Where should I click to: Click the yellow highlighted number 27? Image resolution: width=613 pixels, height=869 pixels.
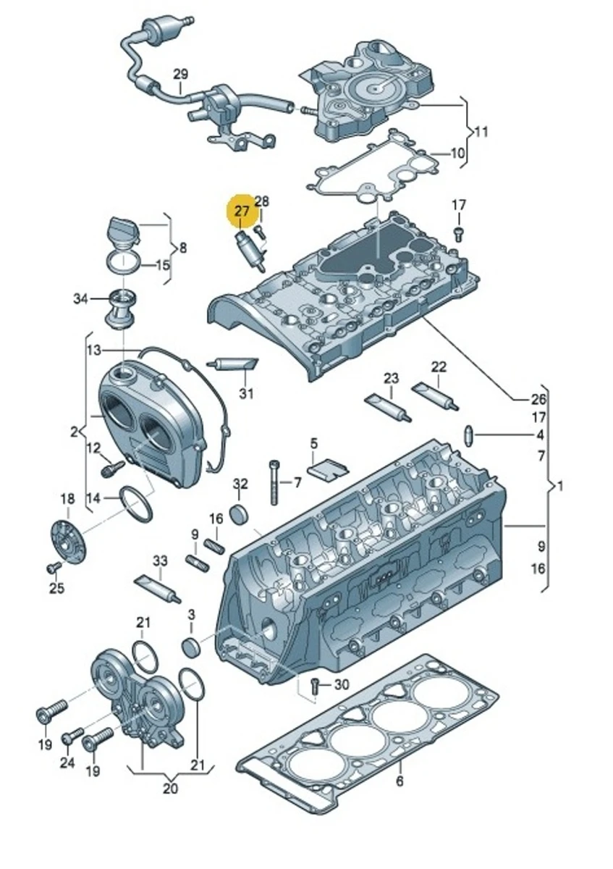(x=241, y=211)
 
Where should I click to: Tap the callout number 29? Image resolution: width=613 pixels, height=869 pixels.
(x=180, y=75)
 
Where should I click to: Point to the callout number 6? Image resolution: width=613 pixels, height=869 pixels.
(x=399, y=781)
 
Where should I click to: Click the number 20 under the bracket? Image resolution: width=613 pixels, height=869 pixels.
(x=169, y=789)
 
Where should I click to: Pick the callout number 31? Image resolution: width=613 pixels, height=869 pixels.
(x=247, y=393)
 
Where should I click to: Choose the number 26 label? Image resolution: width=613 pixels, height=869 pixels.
(x=538, y=398)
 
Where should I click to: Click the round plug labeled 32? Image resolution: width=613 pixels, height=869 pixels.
(x=240, y=514)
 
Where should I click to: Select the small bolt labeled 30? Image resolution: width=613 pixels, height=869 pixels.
(x=316, y=685)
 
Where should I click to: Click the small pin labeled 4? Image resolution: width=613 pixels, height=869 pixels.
(x=469, y=436)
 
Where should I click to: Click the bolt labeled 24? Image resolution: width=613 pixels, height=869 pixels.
(x=69, y=737)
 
